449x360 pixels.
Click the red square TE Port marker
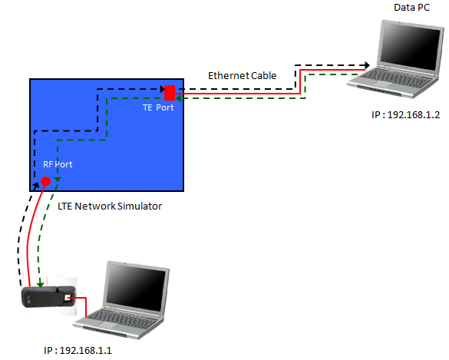pyautogui.click(x=170, y=93)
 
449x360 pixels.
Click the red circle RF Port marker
pyautogui.click(x=46, y=181)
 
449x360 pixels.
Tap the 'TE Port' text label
pyautogui.click(x=158, y=107)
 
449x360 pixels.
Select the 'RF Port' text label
pyautogui.click(x=58, y=164)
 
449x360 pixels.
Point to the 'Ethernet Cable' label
pyautogui.click(x=242, y=76)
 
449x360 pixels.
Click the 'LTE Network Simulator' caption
pyautogui.click(x=110, y=206)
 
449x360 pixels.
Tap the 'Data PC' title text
pyautogui.click(x=411, y=8)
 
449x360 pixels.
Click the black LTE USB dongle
pyautogui.click(x=48, y=297)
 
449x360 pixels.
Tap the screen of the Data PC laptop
pyautogui.click(x=411, y=46)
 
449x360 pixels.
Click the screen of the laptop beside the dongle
pyautogui.click(x=136, y=287)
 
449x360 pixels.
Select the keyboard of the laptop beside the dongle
pyautogui.click(x=122, y=319)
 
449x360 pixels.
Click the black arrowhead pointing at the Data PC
pyautogui.click(x=367, y=65)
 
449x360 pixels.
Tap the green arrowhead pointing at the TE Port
pyautogui.click(x=179, y=98)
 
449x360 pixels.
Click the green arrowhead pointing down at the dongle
pyautogui.click(x=41, y=284)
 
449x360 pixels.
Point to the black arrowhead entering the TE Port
pyautogui.click(x=163, y=89)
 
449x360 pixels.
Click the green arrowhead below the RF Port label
pyautogui.click(x=58, y=180)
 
